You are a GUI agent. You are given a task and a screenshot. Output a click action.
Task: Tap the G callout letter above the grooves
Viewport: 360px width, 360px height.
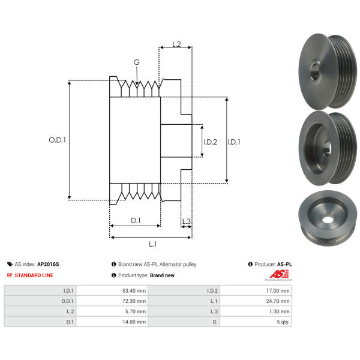tap(137, 62)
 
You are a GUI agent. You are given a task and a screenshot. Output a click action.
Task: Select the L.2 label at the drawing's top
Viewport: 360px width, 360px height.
tap(176, 44)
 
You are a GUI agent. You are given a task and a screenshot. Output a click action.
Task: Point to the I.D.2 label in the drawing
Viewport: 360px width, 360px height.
tap(211, 142)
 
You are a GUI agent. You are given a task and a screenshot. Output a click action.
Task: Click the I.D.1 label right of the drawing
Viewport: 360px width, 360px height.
tap(235, 142)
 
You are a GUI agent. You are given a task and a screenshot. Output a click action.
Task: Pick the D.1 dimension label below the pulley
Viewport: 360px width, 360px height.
tap(136, 220)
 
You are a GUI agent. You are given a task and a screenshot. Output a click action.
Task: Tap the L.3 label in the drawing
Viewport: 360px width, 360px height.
tap(186, 221)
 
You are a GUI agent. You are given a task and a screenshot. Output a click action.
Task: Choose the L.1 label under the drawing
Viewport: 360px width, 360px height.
tap(152, 244)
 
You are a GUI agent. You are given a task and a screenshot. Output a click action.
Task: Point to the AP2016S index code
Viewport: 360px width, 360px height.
tap(48, 264)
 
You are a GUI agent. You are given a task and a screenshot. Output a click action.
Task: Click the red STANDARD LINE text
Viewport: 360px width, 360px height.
tap(34, 275)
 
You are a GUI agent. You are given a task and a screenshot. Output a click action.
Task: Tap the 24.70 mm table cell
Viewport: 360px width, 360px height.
tap(278, 301)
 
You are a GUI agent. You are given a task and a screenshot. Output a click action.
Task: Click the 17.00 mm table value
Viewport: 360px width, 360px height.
tap(278, 290)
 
